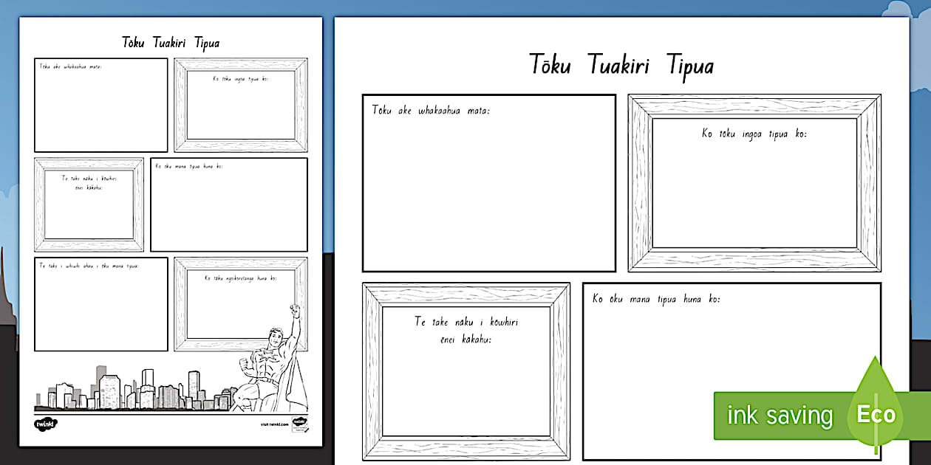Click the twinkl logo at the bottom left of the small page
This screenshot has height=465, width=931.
45,424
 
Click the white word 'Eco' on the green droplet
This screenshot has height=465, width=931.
876,414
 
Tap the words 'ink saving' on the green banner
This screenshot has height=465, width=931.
779,416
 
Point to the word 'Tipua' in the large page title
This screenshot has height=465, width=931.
690,66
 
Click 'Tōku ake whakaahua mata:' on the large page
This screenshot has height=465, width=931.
431,111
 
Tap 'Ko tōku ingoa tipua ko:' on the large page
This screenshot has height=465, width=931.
754,134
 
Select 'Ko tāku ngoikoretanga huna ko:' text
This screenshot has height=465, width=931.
241,278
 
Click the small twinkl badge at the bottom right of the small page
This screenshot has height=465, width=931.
299,424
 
